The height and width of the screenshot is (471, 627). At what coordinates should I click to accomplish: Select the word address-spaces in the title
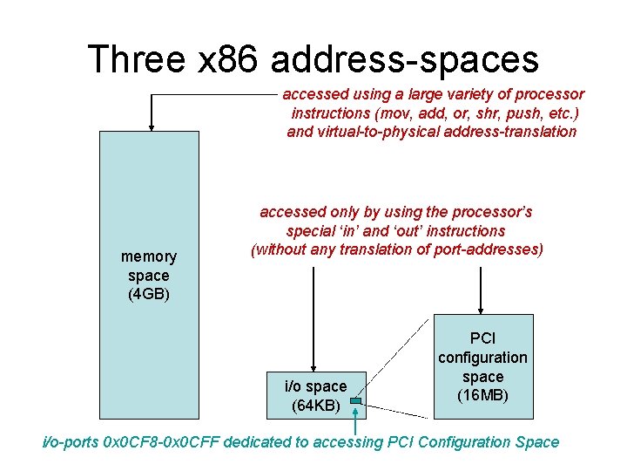(405, 59)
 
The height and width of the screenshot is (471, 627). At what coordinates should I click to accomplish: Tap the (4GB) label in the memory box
(149, 294)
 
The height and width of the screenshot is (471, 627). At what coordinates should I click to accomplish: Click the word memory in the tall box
(149, 256)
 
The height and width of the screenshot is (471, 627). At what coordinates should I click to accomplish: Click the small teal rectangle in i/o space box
(356, 402)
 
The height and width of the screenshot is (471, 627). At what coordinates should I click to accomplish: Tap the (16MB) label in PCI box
(482, 395)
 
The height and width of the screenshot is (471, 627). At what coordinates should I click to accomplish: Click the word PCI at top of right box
(482, 338)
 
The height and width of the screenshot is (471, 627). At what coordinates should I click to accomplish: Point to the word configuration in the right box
(482, 357)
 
